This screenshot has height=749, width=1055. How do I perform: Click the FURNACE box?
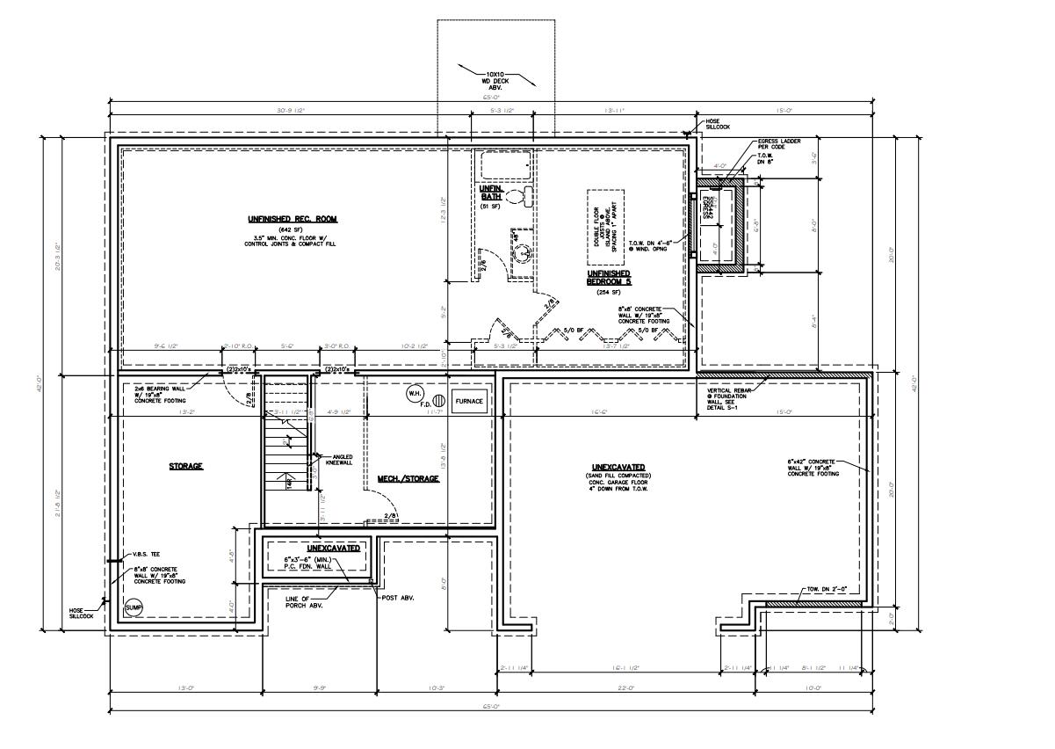(469, 402)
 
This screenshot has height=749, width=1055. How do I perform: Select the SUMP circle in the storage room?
(134, 607)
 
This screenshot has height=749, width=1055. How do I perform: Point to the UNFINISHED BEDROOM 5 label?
(609, 278)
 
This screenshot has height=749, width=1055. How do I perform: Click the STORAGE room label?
(185, 466)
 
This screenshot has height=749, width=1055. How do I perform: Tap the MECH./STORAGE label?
(408, 478)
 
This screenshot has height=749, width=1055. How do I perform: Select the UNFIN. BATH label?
(489, 194)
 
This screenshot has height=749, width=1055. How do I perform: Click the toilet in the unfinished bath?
(527, 196)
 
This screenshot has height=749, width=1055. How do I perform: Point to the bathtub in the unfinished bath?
(503, 164)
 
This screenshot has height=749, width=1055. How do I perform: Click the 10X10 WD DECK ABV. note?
(495, 80)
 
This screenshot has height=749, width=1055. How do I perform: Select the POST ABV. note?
(399, 598)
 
